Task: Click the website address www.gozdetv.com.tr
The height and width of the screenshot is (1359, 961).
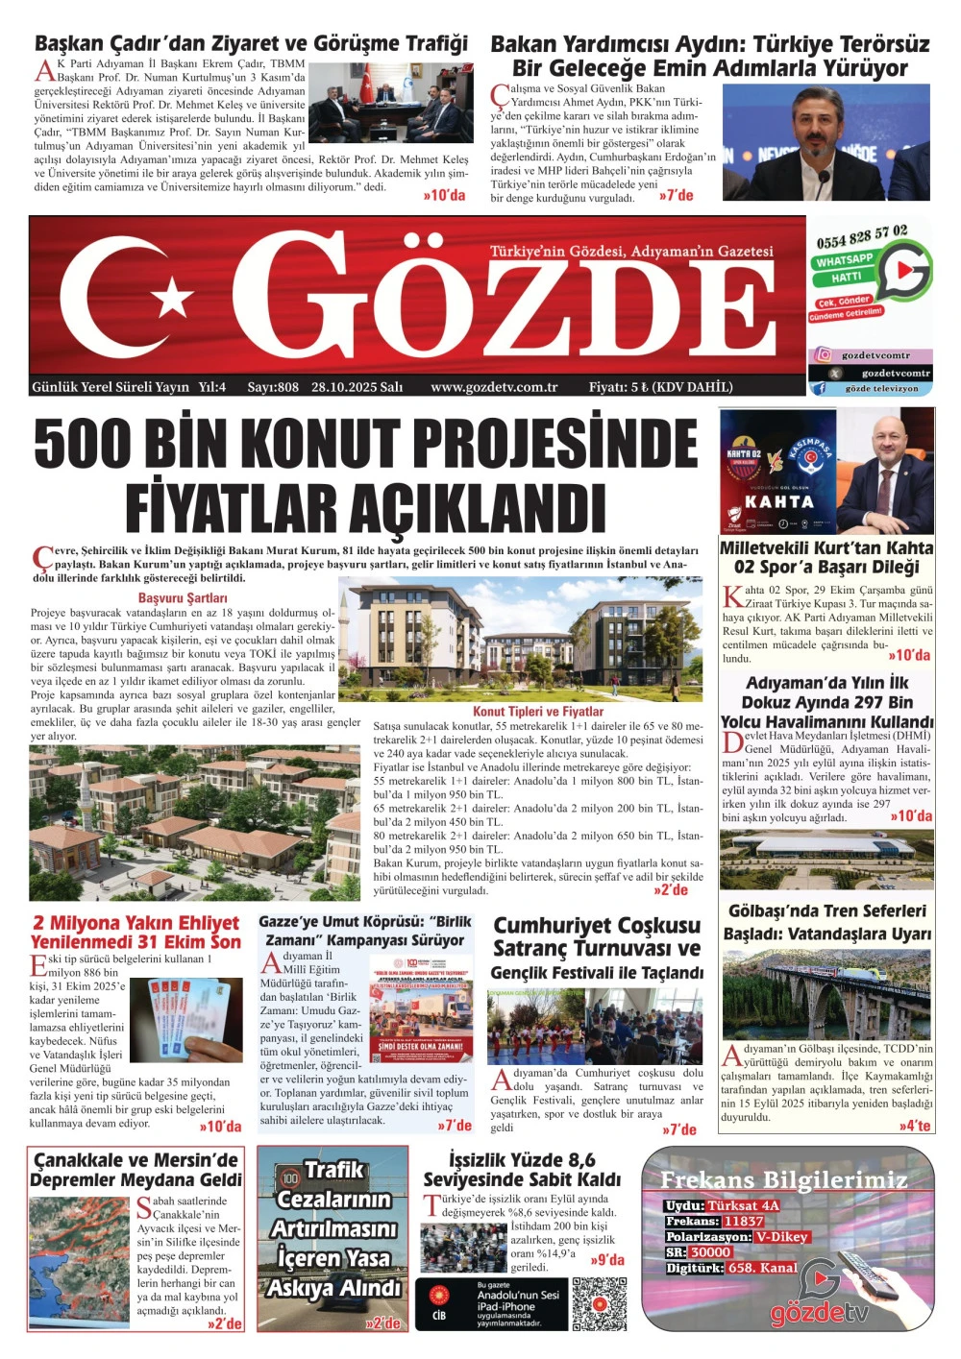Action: point(494,387)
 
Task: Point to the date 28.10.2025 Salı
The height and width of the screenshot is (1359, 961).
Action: point(357,387)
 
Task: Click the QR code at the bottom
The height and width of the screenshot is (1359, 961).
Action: point(599,1302)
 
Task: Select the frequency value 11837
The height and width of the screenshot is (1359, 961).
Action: point(743,1222)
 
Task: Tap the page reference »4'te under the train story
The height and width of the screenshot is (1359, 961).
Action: point(916,1125)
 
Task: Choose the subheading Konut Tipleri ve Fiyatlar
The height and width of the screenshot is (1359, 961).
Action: point(538,712)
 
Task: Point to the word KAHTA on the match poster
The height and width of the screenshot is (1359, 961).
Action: point(778,501)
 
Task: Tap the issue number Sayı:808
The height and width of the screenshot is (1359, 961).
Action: point(273,387)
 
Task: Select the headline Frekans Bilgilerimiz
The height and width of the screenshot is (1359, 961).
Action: point(783,1179)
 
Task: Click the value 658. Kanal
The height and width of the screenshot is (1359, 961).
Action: point(762,1268)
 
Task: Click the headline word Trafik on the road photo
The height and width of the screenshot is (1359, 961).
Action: point(333,1170)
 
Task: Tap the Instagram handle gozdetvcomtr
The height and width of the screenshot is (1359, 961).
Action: point(876,355)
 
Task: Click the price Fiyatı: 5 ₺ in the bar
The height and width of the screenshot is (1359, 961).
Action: point(619,387)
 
